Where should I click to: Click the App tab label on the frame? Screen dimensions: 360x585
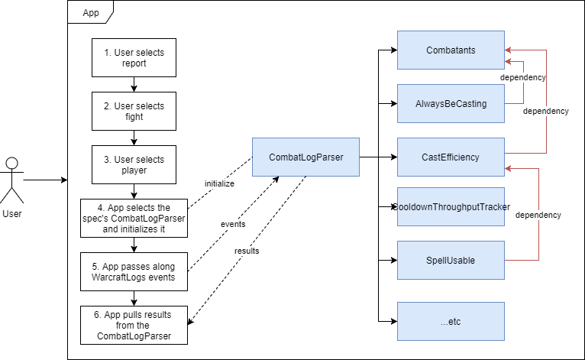click(90, 13)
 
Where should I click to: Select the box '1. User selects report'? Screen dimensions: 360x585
click(134, 58)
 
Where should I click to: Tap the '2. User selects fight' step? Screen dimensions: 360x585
click(134, 112)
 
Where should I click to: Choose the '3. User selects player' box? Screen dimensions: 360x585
click(134, 165)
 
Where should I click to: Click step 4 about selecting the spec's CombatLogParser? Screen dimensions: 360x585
click(134, 218)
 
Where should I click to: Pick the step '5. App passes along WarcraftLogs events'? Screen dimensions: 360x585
click(134, 271)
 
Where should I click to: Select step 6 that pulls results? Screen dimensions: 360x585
click(134, 325)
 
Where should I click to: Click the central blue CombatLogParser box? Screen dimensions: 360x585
click(305, 157)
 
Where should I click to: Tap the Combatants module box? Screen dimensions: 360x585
click(451, 50)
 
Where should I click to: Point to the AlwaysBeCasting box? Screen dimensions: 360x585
click(451, 104)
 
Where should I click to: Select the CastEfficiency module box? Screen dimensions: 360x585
click(451, 157)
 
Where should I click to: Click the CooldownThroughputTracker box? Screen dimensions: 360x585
click(451, 207)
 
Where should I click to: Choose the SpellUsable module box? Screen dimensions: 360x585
click(451, 261)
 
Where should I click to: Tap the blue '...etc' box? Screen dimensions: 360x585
click(451, 322)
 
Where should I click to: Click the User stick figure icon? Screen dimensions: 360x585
click(11, 177)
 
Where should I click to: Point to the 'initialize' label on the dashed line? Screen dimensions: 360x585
click(219, 184)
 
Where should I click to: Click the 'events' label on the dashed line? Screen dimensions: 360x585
click(233, 224)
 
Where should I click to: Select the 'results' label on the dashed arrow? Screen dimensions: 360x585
click(247, 251)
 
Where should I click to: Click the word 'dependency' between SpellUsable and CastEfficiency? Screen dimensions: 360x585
click(538, 215)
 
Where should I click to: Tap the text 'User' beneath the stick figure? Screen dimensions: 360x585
click(12, 214)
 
